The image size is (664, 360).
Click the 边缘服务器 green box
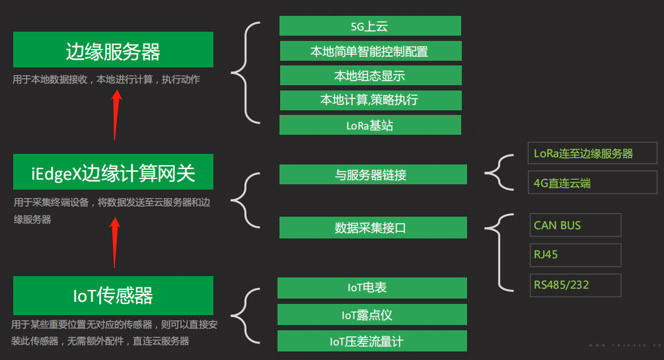[113, 50]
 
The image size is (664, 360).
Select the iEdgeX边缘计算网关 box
[113, 173]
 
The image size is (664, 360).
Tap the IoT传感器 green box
[113, 295]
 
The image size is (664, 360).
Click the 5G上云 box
[370, 26]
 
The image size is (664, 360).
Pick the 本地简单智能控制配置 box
[370, 51]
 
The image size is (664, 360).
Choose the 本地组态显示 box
[370, 75]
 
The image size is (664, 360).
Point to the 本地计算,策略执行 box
[370, 100]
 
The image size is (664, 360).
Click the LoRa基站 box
[370, 125]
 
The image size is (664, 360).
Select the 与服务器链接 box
[373, 174]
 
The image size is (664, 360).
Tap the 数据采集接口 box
[373, 227]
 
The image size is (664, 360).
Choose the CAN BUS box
[575, 225]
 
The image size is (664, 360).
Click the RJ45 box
[575, 255]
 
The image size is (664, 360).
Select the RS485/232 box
[575, 285]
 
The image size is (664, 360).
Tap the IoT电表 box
[372, 288]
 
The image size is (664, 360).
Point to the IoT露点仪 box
[372, 314]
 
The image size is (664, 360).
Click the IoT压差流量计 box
[372, 341]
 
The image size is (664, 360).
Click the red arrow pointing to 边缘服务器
[116, 115]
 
